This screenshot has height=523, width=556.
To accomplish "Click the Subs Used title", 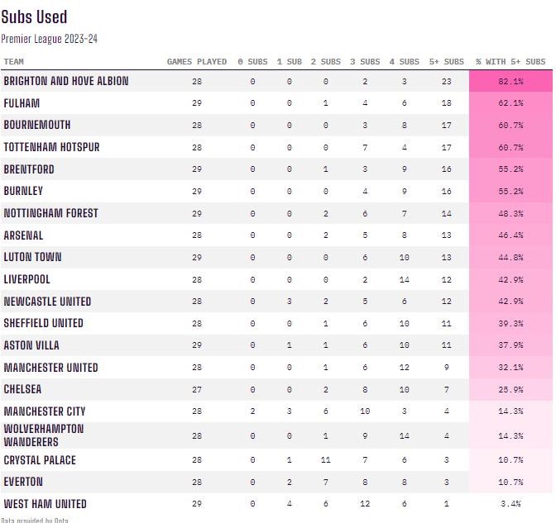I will point(34,17).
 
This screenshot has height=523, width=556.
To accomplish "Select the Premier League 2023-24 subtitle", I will point(50,38).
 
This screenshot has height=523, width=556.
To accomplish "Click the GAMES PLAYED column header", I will point(197,62).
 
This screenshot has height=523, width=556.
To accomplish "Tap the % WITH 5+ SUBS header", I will point(510,62).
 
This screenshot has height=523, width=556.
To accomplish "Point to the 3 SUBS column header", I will point(365,62).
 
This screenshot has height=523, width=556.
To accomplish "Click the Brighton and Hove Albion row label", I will point(66,82).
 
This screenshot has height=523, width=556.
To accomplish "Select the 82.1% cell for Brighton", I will point(510,82).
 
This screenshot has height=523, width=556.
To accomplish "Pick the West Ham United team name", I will point(45,503).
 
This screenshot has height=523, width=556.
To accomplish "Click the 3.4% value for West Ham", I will point(510,503).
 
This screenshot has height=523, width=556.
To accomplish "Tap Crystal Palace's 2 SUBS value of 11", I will point(325,460).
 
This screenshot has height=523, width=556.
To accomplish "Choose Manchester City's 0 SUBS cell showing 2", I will point(252,411).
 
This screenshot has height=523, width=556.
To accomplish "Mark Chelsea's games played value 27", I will point(197,389).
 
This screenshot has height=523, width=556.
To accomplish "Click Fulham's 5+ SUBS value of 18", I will point(447,103).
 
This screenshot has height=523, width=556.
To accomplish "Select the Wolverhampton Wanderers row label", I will point(44,435).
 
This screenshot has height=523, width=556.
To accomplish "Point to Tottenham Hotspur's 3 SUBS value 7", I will point(365,147).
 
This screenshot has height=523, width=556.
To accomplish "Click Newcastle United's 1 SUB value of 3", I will point(290,302).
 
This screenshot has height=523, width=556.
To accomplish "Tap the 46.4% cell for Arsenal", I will point(510,235).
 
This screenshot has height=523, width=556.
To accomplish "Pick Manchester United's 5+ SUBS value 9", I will point(447,368).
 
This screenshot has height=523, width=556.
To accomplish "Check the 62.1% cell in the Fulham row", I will point(510,103).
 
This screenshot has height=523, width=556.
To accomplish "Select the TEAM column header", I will point(14,62).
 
